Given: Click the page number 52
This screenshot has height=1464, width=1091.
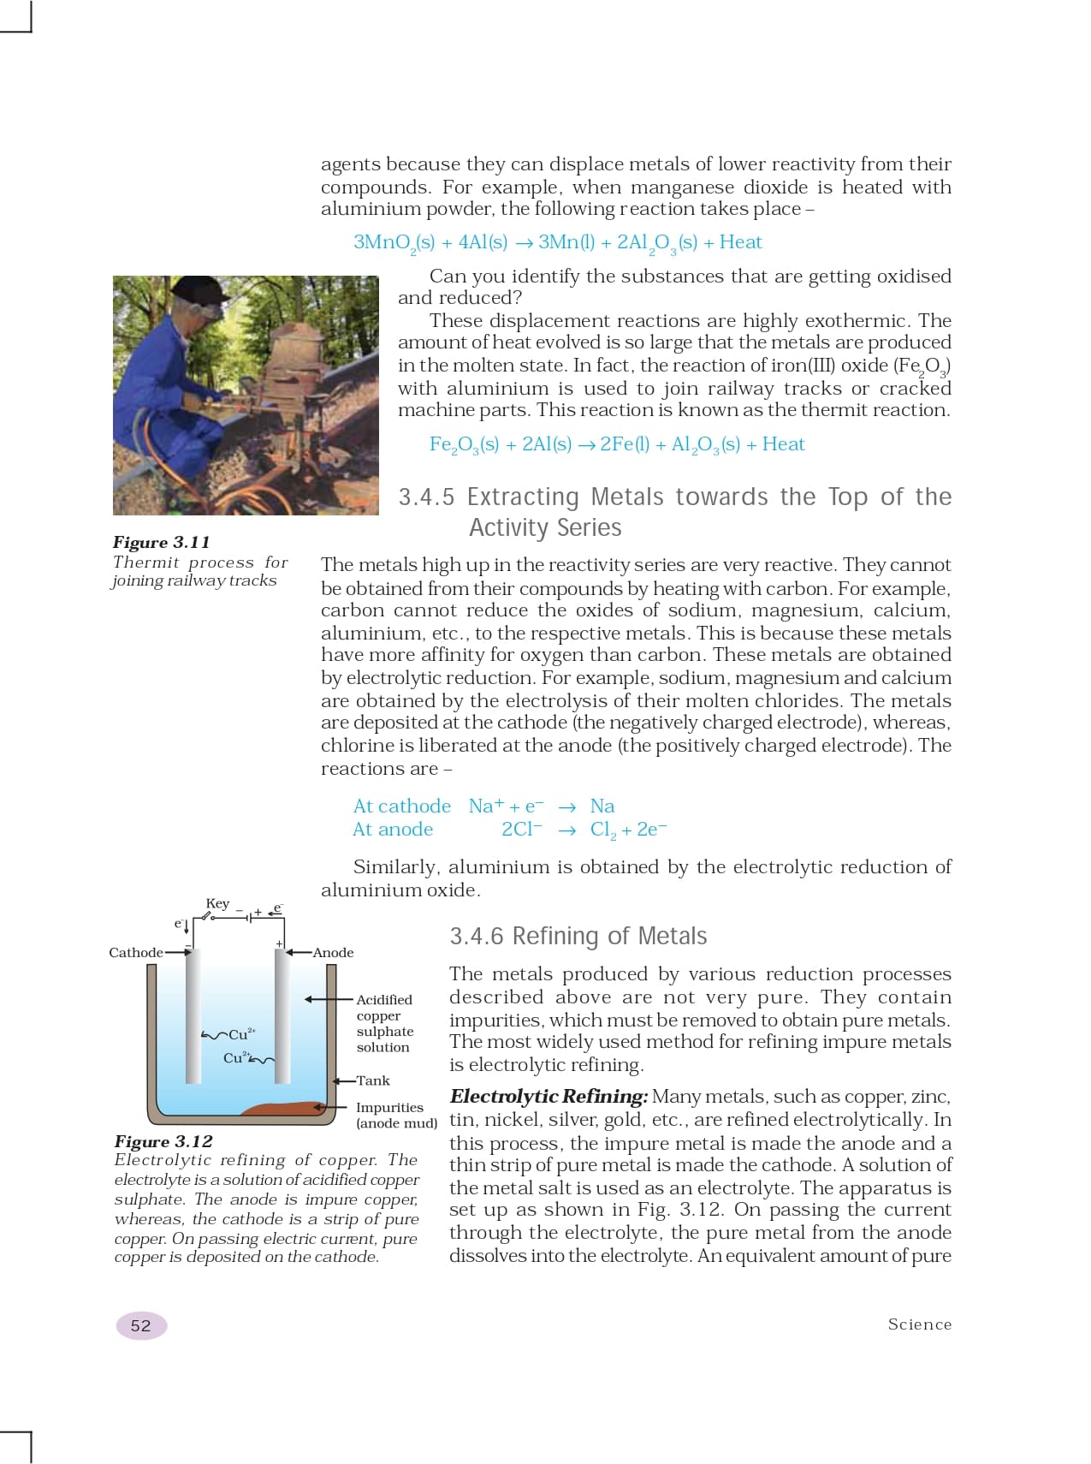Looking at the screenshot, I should (140, 1325).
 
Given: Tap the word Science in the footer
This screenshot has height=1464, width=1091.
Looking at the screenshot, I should (919, 1324).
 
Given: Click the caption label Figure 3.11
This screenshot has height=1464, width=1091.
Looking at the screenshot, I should (161, 542).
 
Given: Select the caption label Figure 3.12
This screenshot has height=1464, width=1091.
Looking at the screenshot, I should (163, 1141).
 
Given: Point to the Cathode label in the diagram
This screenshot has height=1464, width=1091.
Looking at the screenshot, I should (135, 952).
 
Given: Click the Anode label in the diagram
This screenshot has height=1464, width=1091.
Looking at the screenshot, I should (333, 952).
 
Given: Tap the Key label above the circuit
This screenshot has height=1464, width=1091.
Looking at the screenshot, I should (217, 903).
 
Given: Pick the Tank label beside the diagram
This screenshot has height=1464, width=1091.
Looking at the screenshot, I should (373, 1080).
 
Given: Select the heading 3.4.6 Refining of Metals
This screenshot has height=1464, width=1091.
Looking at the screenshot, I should (578, 936).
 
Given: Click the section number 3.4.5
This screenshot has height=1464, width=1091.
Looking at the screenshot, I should (426, 497).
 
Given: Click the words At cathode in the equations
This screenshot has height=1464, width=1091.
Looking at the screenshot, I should (401, 806).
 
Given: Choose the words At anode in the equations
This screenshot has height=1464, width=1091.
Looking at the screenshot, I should (393, 829).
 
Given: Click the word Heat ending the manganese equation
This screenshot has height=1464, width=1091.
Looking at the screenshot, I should (740, 242).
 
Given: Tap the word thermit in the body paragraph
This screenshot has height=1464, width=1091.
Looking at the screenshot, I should (821, 409).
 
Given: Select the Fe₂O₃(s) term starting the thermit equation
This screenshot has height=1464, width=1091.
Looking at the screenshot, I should (464, 444).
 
